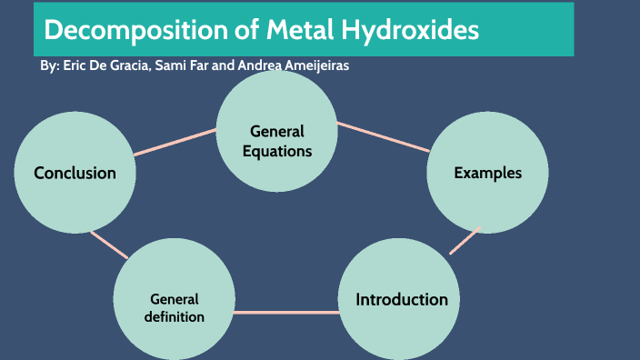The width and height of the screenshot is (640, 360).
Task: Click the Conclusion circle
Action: pyautogui.click(x=75, y=173)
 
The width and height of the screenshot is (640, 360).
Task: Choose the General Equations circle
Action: pyautogui.click(x=277, y=132)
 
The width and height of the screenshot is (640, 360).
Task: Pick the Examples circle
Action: pyautogui.click(x=488, y=173)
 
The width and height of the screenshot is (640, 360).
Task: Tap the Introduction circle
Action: pyautogui.click(x=401, y=299)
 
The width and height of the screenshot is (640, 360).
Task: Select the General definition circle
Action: pyautogui.click(x=175, y=307)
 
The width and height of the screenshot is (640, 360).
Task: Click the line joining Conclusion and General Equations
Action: pyautogui.click(x=175, y=142)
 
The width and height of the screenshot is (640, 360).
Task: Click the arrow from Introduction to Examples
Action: pyautogui.click(x=465, y=239)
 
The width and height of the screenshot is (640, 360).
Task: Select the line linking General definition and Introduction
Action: pyautogui.click(x=286, y=313)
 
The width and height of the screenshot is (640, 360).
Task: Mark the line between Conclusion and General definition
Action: pyautogui.click(x=110, y=243)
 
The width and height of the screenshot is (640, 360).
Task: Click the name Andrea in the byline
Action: pyautogui.click(x=254, y=67)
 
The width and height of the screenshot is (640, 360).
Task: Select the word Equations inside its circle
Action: pyautogui.click(x=277, y=151)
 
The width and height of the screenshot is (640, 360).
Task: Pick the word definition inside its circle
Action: pyautogui.click(x=175, y=317)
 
